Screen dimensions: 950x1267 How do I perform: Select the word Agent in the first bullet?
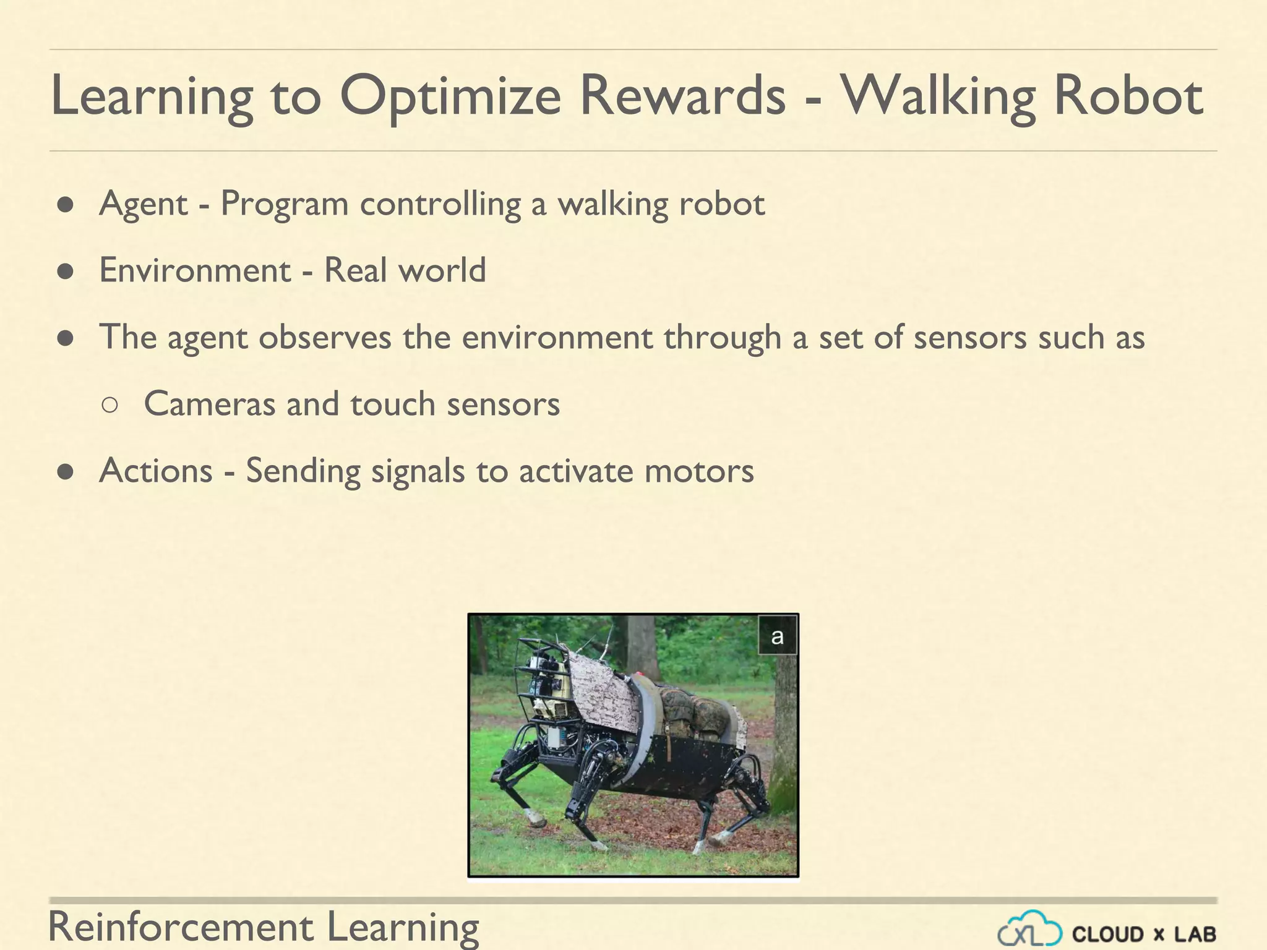click(x=143, y=204)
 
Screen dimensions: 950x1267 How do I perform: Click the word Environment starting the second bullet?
click(x=195, y=271)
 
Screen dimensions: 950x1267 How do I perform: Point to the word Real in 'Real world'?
click(x=355, y=270)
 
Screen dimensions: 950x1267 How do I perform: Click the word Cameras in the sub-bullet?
click(x=209, y=404)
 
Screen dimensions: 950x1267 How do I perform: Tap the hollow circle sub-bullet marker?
click(x=109, y=405)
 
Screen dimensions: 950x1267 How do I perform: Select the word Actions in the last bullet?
click(x=156, y=471)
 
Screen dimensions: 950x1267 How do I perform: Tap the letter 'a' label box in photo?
click(x=777, y=635)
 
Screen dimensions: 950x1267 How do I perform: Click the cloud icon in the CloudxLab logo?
click(x=1029, y=930)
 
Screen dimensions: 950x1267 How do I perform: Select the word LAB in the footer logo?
click(x=1195, y=933)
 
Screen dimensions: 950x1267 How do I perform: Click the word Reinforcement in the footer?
click(x=181, y=927)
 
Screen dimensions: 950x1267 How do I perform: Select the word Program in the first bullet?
click(x=285, y=204)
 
